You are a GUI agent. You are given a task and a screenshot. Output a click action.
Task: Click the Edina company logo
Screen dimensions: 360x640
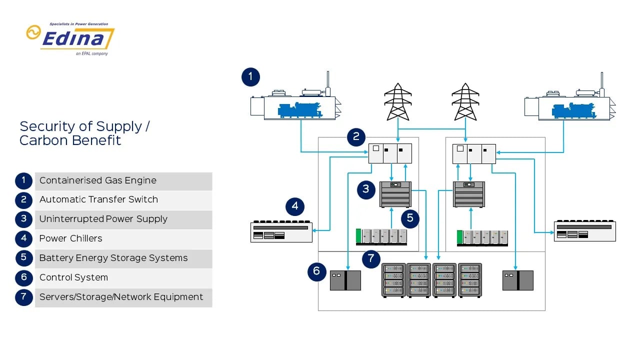pos(70,38)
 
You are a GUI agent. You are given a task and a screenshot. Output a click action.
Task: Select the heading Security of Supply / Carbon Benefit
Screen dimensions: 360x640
pos(84,133)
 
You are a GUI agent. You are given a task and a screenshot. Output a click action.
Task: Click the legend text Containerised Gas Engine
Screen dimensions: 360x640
pos(97,180)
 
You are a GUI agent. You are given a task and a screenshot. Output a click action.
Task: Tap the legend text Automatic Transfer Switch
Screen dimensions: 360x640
pos(98,199)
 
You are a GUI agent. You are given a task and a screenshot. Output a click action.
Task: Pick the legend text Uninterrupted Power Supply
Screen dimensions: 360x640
pos(103,219)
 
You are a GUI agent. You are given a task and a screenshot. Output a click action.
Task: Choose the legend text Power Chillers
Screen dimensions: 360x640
pos(70,238)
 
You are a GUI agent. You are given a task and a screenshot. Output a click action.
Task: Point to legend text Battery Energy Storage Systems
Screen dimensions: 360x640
pos(113,258)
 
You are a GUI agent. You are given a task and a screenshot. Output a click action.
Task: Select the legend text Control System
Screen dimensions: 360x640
pos(73,277)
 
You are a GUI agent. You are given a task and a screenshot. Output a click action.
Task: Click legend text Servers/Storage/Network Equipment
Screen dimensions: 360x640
pos(121,297)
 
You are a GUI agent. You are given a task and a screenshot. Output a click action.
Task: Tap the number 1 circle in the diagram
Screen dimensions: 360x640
pos(250,77)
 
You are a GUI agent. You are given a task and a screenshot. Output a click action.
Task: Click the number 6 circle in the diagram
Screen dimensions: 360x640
pos(316,271)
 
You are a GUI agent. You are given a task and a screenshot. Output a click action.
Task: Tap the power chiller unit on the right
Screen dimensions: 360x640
pos(584,231)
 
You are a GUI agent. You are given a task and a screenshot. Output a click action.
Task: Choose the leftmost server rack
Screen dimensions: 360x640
pos(393,280)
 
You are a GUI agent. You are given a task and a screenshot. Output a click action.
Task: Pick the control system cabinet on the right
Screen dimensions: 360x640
pos(517,280)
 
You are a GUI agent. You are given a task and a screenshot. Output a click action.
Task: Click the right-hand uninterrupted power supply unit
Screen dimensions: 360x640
pos(468,194)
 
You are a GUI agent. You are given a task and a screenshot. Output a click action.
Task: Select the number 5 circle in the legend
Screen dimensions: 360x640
pos(23,258)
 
